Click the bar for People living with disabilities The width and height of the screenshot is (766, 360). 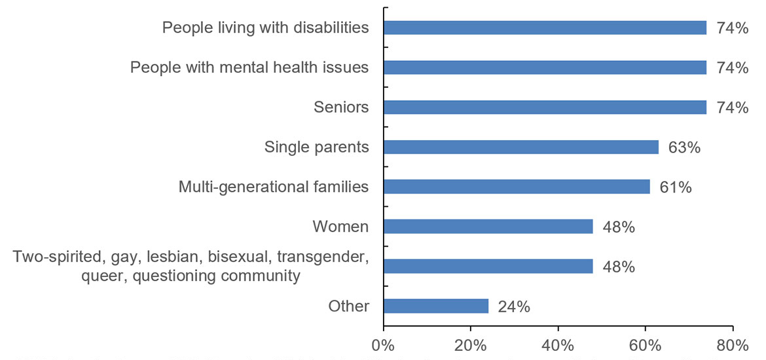(x=545, y=27)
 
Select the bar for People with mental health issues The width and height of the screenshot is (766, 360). (x=545, y=67)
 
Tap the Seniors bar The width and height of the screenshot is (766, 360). (x=545, y=107)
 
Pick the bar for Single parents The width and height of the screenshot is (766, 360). (x=520, y=147)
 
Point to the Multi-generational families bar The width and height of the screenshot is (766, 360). (x=517, y=187)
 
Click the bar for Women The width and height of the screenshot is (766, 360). (x=488, y=226)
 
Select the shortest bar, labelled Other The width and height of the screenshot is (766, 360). (x=435, y=306)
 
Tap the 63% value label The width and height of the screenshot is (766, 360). (x=684, y=147)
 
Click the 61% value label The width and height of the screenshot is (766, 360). (x=675, y=187)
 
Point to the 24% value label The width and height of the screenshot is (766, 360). (x=513, y=306)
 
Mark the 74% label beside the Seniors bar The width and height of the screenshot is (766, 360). (x=732, y=107)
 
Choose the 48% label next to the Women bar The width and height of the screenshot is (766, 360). (x=618, y=227)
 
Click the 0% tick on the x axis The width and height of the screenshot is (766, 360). (x=383, y=344)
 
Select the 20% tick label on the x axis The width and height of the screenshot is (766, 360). (x=470, y=344)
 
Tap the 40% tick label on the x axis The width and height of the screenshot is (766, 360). (x=558, y=344)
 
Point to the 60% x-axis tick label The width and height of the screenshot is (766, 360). (x=645, y=344)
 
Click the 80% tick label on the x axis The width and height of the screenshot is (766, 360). (x=733, y=344)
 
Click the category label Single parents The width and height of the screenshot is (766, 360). (x=316, y=147)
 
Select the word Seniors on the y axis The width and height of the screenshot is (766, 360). (x=341, y=107)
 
